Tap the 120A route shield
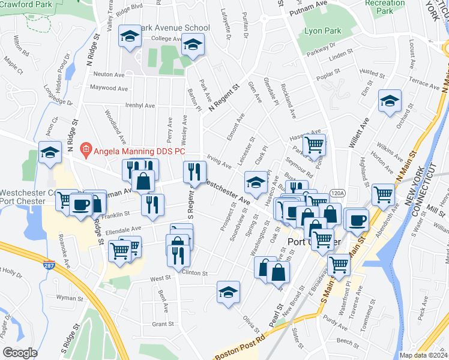(x=337, y=193)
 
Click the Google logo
(x=20, y=352)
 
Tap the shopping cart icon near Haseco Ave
(x=314, y=145)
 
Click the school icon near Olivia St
(x=228, y=292)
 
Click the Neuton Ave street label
(x=108, y=74)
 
